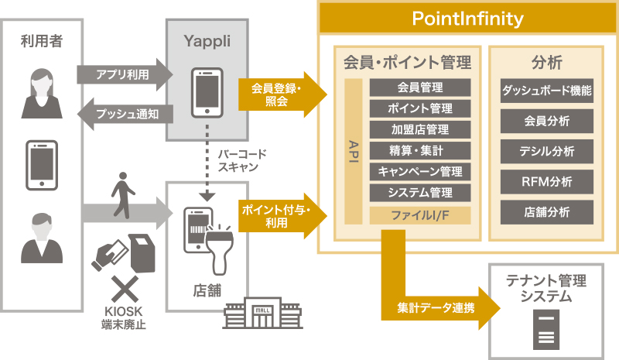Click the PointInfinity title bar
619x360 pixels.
click(467, 17)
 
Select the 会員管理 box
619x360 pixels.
click(420, 87)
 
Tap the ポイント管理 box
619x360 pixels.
click(420, 108)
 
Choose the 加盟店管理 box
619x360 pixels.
click(420, 129)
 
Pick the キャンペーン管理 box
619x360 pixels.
click(420, 171)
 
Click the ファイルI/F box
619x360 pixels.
click(420, 214)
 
